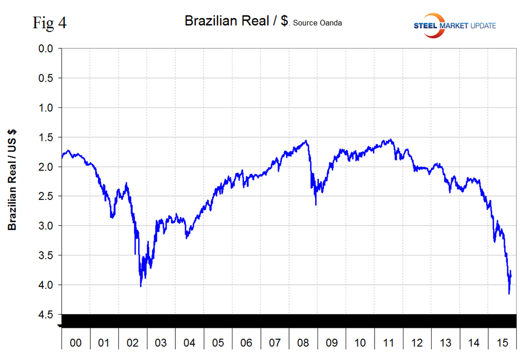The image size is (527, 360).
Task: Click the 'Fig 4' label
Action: pos(50,23)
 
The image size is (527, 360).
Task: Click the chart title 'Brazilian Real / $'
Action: pos(237,21)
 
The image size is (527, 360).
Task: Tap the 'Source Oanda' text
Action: pos(318,23)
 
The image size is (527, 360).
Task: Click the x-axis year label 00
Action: pos(76,343)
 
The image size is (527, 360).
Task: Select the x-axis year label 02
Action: pos(133,343)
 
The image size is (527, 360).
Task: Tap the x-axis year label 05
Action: pos(218,343)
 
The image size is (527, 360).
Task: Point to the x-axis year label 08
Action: pos(303,343)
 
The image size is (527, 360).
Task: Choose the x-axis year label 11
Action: pos(388,343)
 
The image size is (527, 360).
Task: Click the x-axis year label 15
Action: pos(502,343)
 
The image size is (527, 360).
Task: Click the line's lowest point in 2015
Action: pos(509,294)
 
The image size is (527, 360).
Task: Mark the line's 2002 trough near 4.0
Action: pos(141,286)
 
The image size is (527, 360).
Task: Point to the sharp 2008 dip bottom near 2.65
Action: pos(316,205)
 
